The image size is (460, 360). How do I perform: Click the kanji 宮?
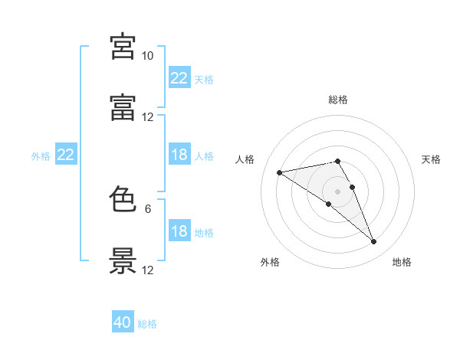tap(123, 46)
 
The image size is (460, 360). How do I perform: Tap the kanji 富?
tap(123, 107)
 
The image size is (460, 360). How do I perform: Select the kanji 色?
tap(123, 198)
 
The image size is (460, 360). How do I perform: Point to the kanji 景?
tap(123, 260)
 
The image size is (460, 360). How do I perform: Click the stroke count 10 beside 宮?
tap(147, 56)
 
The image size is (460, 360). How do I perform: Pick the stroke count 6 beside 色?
tap(148, 209)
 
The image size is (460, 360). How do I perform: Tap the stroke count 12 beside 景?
tap(147, 270)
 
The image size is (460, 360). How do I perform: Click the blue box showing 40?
tap(123, 321)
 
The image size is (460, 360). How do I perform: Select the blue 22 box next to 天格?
tap(179, 77)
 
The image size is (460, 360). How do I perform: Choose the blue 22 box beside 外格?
tap(66, 154)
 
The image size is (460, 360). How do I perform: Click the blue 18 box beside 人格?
tap(179, 154)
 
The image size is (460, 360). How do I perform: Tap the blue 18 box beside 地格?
tap(179, 230)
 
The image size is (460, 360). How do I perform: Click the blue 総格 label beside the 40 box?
tap(147, 324)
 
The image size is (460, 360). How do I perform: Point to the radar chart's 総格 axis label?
tap(338, 100)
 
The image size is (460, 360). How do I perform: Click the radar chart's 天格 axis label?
tap(431, 159)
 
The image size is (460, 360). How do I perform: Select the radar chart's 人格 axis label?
tap(245, 159)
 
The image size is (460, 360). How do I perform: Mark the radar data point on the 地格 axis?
tap(374, 242)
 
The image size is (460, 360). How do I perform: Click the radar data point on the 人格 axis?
tap(280, 172)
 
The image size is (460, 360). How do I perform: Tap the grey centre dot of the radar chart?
tap(337, 191)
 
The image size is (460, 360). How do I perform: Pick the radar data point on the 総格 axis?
tap(337, 162)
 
